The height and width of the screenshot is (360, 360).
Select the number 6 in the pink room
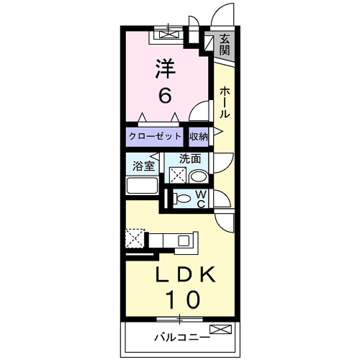click(x=166, y=95)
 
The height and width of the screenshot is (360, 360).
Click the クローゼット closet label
click(x=156, y=135)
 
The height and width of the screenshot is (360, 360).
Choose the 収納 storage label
click(x=199, y=135)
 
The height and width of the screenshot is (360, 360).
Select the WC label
click(x=201, y=197)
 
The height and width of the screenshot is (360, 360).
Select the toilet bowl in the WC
click(x=183, y=198)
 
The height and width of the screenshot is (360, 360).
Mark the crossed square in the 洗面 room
click(x=176, y=175)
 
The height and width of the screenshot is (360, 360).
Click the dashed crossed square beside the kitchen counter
click(x=134, y=238)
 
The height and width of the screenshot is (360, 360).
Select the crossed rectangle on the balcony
click(x=221, y=330)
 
